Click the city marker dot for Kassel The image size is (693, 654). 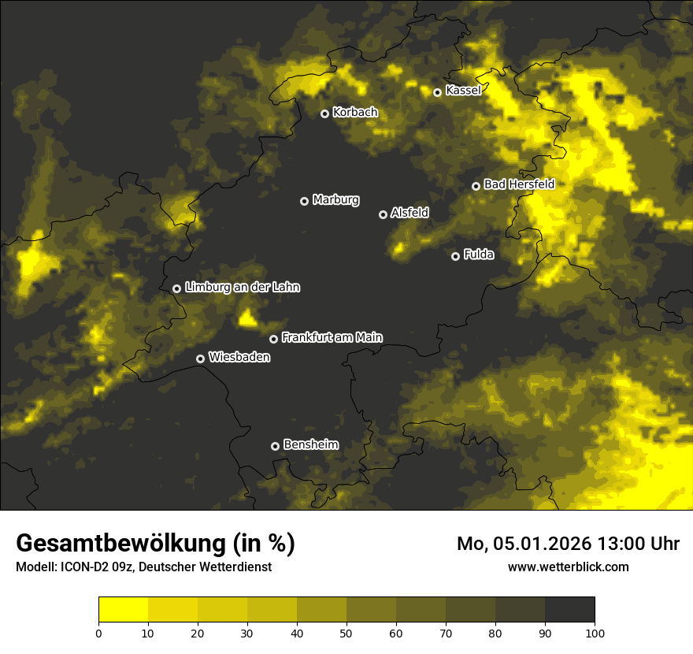(437, 92)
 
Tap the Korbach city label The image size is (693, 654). (355, 113)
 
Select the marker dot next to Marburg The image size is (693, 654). (304, 201)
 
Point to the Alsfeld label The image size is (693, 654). (409, 213)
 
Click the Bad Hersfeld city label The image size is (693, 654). (519, 184)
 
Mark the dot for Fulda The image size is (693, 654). (455, 256)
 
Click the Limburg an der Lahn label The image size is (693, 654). (243, 288)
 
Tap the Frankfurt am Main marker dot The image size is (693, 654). (273, 339)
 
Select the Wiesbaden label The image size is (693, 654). (239, 358)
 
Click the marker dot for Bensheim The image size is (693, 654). (275, 446)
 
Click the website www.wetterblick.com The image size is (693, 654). (569, 567)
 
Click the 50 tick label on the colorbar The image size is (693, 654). (346, 633)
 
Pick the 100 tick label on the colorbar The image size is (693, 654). (595, 633)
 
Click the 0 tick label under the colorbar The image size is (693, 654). (98, 633)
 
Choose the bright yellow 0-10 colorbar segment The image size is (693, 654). (123, 610)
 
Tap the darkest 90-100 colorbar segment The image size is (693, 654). (569, 610)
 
